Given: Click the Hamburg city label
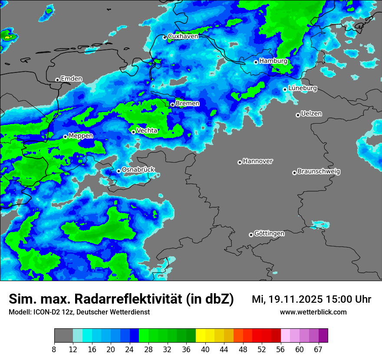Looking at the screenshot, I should (x=273, y=61).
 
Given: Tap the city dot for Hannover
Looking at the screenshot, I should (x=240, y=162).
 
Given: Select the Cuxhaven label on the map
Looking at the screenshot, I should (x=183, y=36).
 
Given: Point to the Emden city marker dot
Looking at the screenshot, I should (x=57, y=80).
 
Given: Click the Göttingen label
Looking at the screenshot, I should (x=269, y=234).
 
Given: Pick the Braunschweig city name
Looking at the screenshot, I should (x=319, y=172).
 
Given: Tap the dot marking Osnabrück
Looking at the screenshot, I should (x=119, y=171).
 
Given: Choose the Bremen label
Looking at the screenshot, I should (x=188, y=104).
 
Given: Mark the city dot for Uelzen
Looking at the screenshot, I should (x=298, y=115).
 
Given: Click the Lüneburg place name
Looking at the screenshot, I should (x=303, y=88).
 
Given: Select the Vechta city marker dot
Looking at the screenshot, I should (x=133, y=132).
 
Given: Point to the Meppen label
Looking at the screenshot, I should (x=81, y=136).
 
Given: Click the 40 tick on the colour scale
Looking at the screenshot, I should (x=205, y=350).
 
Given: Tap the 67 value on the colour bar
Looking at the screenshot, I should (x=318, y=350).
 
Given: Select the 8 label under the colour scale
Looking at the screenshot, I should (x=54, y=350).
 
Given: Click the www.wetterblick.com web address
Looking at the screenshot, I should (x=313, y=312).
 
